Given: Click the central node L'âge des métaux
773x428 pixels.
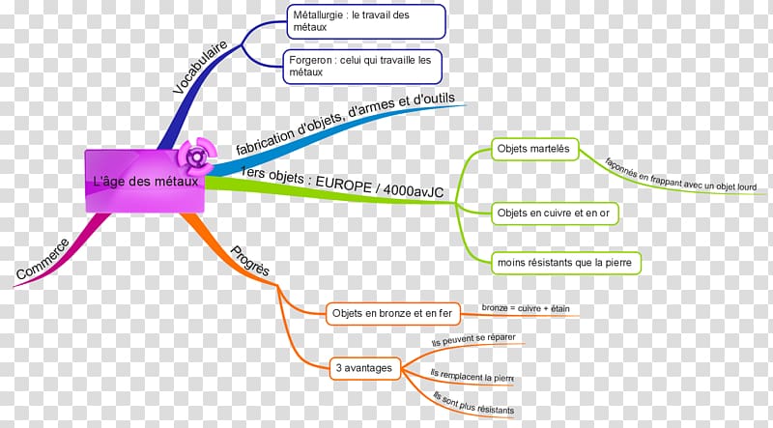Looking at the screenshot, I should point(145,182).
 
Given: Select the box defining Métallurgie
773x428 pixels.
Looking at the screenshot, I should point(367,20).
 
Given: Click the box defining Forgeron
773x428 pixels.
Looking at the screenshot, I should point(364,65).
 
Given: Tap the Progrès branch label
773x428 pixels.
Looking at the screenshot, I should point(249,260).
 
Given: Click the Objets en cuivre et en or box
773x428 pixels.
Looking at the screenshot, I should point(555,211).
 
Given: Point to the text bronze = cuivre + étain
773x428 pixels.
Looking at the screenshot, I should point(526,308).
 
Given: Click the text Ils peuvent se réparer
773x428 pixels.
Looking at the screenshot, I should point(473,342).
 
